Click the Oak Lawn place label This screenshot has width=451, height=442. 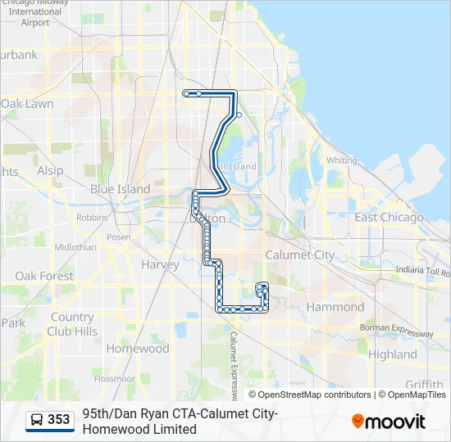pyautogui.click(x=27, y=104)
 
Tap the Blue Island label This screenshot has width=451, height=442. pyautogui.click(x=120, y=189)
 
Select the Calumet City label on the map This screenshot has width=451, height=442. pyautogui.click(x=300, y=255)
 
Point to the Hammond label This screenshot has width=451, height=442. pyautogui.click(x=335, y=307)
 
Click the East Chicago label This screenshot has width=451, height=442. pyautogui.click(x=389, y=217)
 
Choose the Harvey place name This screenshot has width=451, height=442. pyautogui.click(x=160, y=264)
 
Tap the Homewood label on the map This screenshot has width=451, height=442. pyautogui.click(x=138, y=348)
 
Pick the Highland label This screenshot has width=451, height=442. pyautogui.click(x=392, y=354)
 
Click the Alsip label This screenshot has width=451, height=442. pyautogui.click(x=50, y=170)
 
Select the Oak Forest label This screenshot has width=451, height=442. pyautogui.click(x=44, y=276)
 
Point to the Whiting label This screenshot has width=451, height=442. pyautogui.click(x=341, y=160)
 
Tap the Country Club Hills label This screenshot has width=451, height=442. pyautogui.click(x=71, y=324)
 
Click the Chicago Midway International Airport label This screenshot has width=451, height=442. pyautogui.click(x=35, y=13)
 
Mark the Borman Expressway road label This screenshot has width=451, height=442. pyautogui.click(x=397, y=331)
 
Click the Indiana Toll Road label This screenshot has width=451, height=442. pyautogui.click(x=423, y=271)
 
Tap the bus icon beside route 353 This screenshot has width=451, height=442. pyautogui.click(x=37, y=420)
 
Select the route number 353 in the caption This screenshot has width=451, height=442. pyautogui.click(x=59, y=420)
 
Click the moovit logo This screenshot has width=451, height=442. pyautogui.click(x=389, y=421)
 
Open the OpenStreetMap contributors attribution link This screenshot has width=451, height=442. pyautogui.click(x=315, y=395)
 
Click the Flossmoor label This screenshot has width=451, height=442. pyautogui.click(x=114, y=379)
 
